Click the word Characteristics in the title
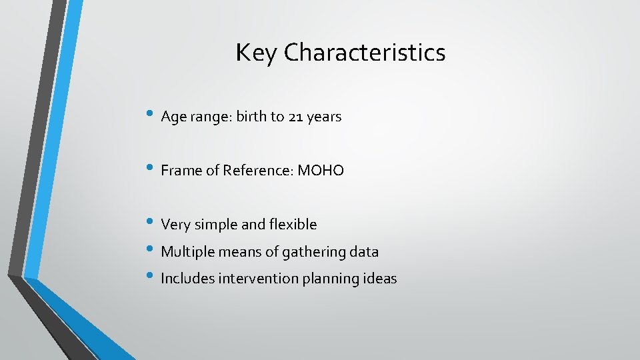tap(365, 53)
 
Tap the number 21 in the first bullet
tap(296, 117)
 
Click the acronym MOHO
tap(321, 171)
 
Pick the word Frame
tap(181, 171)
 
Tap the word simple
tap(217, 225)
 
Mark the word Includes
tap(187, 279)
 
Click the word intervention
tap(257, 279)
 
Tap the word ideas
tap(379, 279)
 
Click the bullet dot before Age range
tap(151, 115)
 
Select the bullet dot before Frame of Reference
tap(151, 169)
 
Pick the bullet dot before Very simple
tap(151, 223)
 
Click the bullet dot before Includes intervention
tap(151, 277)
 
